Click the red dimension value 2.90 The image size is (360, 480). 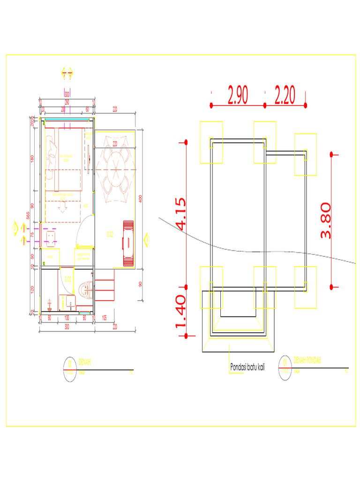[238, 96]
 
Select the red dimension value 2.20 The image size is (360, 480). [285, 96]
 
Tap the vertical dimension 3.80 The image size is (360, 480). [326, 220]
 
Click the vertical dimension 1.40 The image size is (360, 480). [181, 312]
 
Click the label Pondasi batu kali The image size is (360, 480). [247, 367]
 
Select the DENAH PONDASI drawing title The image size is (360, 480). [309, 360]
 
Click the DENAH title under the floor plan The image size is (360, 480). [85, 362]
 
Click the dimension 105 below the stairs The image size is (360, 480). [104, 318]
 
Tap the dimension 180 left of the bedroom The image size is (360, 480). [32, 159]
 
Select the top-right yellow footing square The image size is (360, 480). [305, 155]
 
